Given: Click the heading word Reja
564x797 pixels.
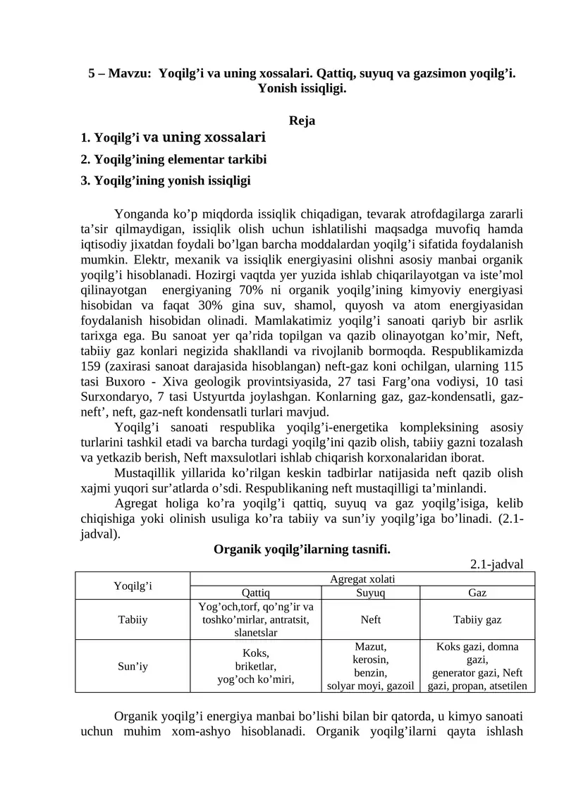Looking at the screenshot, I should tap(302, 121).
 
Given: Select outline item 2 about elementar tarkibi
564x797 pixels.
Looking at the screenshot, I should tap(173, 159).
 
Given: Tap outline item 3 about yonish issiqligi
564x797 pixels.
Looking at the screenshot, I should tap(166, 180).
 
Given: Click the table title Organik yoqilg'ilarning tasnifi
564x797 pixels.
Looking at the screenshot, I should tap(302, 549).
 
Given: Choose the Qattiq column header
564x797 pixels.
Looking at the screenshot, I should tap(255, 593).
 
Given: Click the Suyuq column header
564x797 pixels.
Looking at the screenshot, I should tap(370, 593).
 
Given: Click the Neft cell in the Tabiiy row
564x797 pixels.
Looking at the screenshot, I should tap(370, 620).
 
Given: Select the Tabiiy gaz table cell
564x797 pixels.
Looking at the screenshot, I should tap(477, 620).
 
